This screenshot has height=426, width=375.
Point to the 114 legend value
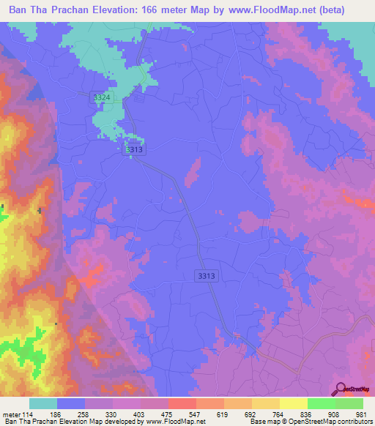29,415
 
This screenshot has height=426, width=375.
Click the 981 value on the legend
360,415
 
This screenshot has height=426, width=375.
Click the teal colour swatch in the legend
43,403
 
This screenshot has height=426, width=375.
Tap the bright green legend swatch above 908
321,403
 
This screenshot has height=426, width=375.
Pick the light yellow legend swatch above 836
293,403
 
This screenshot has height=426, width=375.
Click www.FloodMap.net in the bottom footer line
176,422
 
